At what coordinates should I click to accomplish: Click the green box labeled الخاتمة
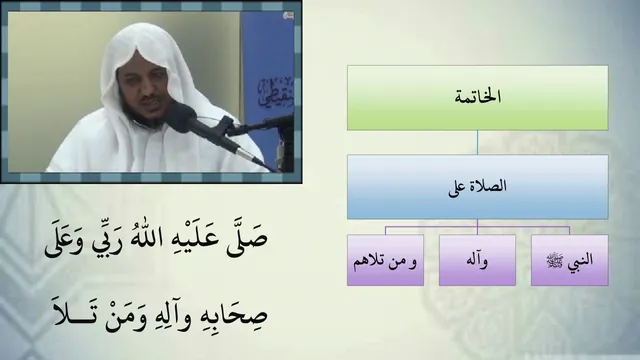coord(478,98)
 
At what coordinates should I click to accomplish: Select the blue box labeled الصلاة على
coord(478,187)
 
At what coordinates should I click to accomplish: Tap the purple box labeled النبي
coord(569,260)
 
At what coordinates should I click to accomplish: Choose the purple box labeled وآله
coord(477,260)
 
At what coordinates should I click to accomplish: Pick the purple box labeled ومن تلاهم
coord(385,260)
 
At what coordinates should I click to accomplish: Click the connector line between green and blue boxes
coord(477,142)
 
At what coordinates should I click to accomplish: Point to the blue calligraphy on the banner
coord(275,92)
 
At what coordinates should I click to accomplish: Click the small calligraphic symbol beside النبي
coord(556,260)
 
